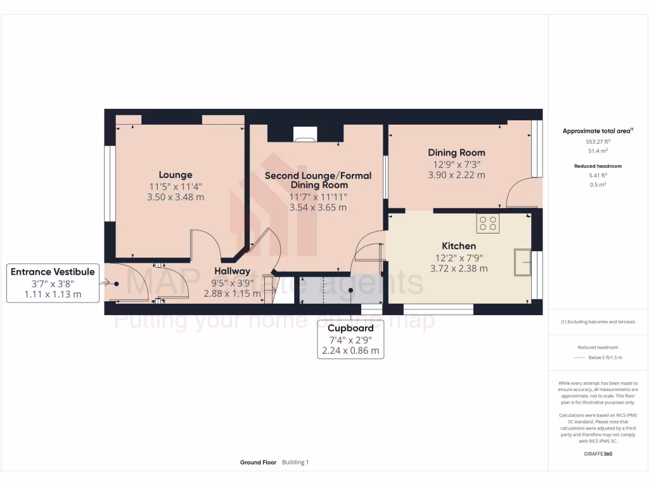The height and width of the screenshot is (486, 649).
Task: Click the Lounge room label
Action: tap(176, 175)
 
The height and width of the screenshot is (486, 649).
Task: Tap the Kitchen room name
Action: tap(459, 246)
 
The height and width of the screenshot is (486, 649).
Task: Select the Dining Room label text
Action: tap(456, 153)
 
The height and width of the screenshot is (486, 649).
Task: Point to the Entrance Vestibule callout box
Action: tap(53, 283)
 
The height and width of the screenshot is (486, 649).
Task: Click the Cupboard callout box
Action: tap(350, 339)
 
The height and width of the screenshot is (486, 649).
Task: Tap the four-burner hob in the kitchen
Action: tap(488, 223)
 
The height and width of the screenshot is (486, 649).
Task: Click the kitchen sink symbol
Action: tap(523, 263)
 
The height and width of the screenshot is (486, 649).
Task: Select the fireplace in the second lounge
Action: tap(305, 134)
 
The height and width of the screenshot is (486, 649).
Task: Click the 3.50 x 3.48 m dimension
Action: tap(176, 197)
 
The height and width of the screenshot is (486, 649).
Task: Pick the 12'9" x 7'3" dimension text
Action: tap(456, 164)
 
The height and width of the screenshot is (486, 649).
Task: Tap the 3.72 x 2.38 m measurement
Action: tap(459, 268)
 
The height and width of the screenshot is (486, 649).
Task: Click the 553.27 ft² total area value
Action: tap(598, 142)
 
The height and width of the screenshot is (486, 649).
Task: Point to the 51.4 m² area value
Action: tap(598, 151)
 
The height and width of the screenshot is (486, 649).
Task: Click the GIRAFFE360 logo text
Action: tap(598, 454)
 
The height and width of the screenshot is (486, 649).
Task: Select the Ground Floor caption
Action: tap(258, 463)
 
